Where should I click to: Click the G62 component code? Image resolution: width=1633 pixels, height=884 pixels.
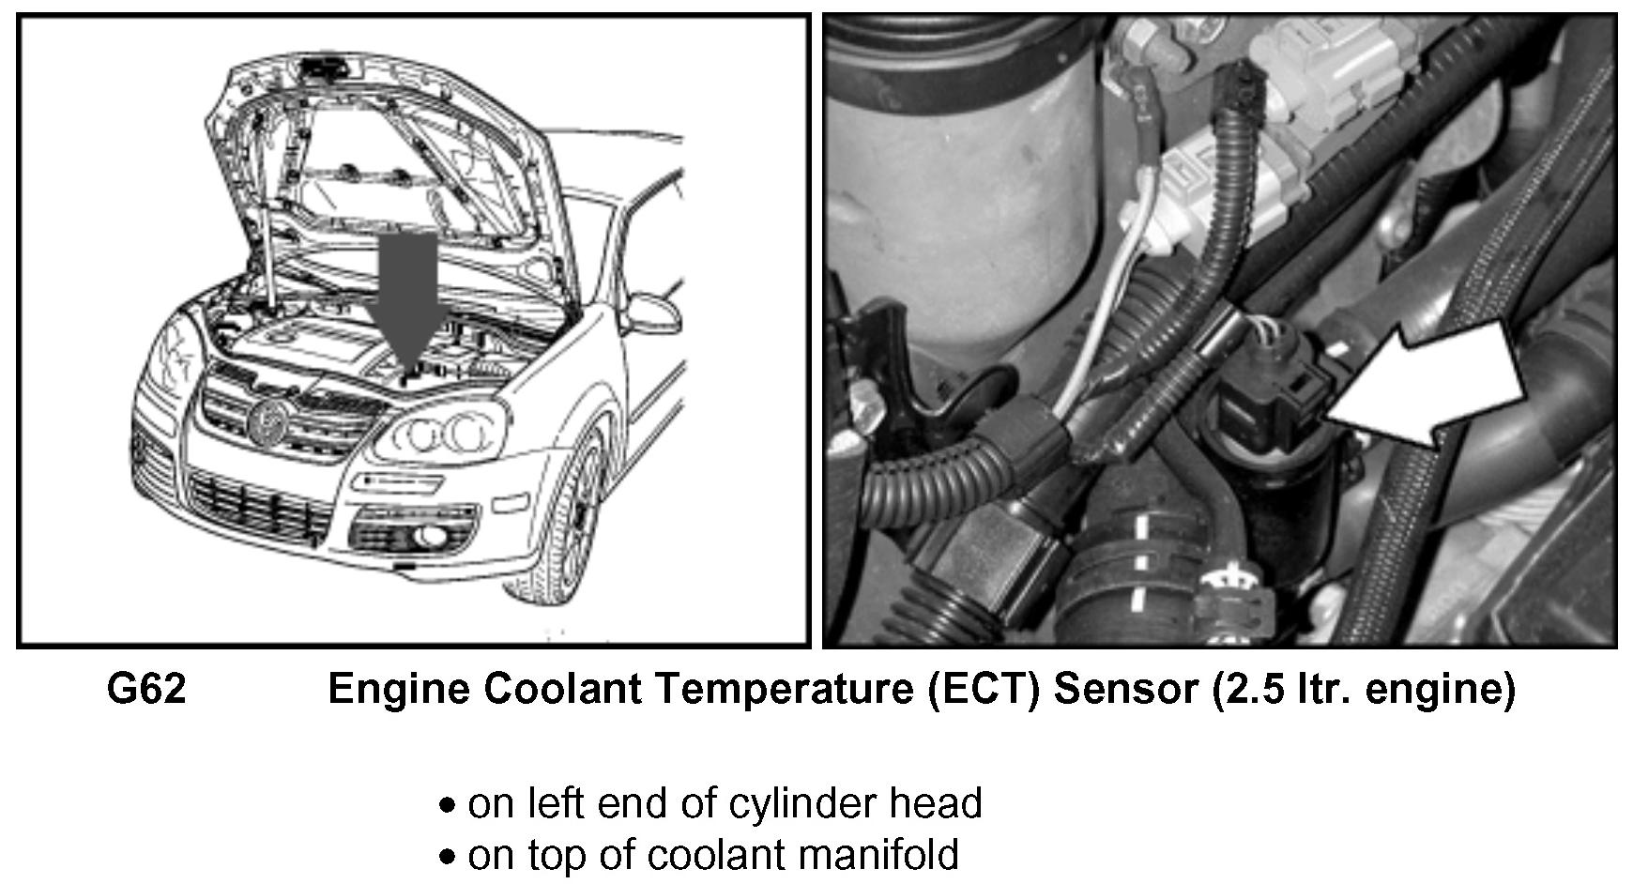[146, 690]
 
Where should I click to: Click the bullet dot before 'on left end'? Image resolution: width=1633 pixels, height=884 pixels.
[450, 806]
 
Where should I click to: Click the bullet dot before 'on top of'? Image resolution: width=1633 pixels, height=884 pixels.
[450, 857]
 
